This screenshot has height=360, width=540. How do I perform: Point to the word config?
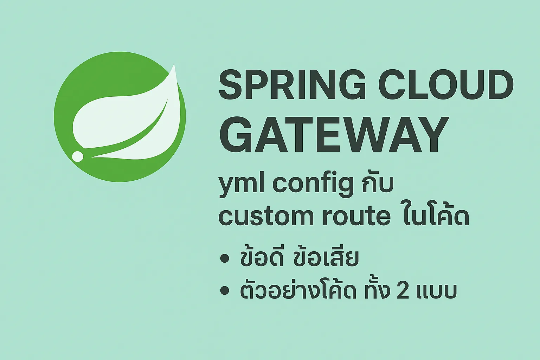click(x=313, y=184)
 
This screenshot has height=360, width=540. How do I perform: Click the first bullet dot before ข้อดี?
click(x=224, y=258)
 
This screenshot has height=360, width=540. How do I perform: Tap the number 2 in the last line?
click(x=403, y=291)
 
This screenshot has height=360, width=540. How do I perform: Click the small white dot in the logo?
click(x=78, y=156)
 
